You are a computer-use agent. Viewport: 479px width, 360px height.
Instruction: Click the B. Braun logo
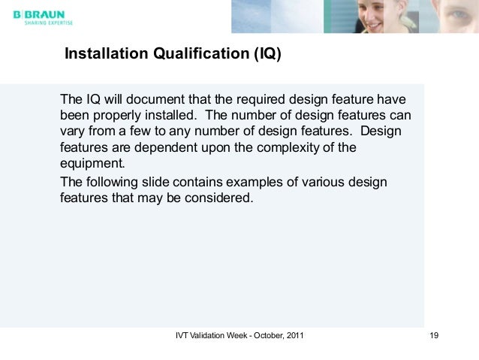pyautogui.click(x=40, y=13)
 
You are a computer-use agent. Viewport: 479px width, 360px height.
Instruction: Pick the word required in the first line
pyautogui.click(x=258, y=101)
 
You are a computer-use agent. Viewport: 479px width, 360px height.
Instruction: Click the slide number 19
pyautogui.click(x=433, y=335)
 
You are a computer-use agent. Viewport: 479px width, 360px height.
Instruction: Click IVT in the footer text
pyautogui.click(x=182, y=335)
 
